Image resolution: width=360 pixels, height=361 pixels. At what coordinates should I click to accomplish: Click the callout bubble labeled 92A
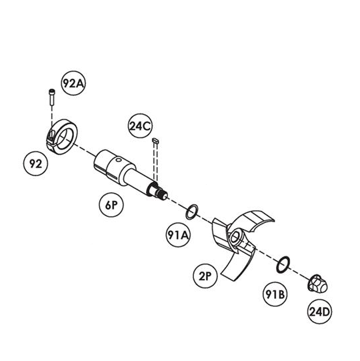point(73,83)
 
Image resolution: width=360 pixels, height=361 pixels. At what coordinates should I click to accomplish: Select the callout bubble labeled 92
point(35,163)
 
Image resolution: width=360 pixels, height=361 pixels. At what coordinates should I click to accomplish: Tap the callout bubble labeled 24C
point(140,125)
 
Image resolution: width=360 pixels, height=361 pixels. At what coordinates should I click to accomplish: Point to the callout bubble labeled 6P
point(111,205)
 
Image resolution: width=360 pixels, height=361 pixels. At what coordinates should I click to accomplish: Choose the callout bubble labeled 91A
point(178,235)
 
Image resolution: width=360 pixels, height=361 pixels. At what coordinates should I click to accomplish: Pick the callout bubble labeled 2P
point(205,276)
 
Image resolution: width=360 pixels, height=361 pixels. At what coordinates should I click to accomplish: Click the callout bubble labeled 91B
point(275,294)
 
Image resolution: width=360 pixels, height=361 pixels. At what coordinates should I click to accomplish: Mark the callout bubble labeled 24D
point(319,312)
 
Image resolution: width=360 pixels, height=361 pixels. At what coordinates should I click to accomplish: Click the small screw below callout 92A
point(52,97)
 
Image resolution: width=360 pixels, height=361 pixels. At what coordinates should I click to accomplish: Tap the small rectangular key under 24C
point(156,141)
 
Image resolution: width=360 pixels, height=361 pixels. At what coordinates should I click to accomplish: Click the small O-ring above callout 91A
point(187,212)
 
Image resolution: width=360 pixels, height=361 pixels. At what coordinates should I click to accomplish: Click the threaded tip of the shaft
point(163,195)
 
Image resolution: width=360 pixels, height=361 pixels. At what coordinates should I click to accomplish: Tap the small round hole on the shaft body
point(118,159)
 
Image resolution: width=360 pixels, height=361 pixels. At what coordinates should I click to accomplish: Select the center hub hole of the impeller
point(235,238)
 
